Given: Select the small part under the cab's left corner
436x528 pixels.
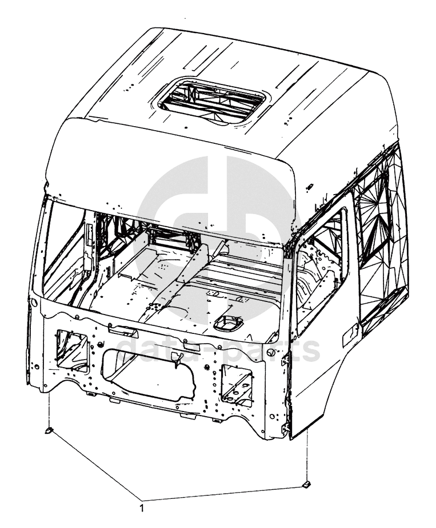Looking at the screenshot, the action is pos(49,430).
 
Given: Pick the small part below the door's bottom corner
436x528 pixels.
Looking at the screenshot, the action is pos(306,483).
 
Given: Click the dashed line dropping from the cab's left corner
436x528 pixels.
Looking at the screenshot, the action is pos(49,408).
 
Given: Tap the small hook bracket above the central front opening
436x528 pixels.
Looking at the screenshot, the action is pos(178,358).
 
